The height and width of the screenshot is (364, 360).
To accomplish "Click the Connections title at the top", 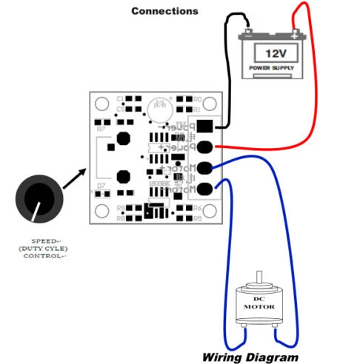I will click(x=164, y=11).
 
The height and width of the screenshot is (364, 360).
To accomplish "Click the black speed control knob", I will click(x=35, y=198).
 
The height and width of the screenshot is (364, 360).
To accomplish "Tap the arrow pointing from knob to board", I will click(x=76, y=178).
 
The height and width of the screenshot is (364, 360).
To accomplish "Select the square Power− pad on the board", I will click(x=204, y=125).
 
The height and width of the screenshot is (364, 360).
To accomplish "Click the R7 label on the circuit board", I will click(x=101, y=128).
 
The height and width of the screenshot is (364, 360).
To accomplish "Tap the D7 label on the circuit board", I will click(x=102, y=186).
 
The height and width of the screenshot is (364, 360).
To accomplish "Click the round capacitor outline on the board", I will click(x=158, y=108).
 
